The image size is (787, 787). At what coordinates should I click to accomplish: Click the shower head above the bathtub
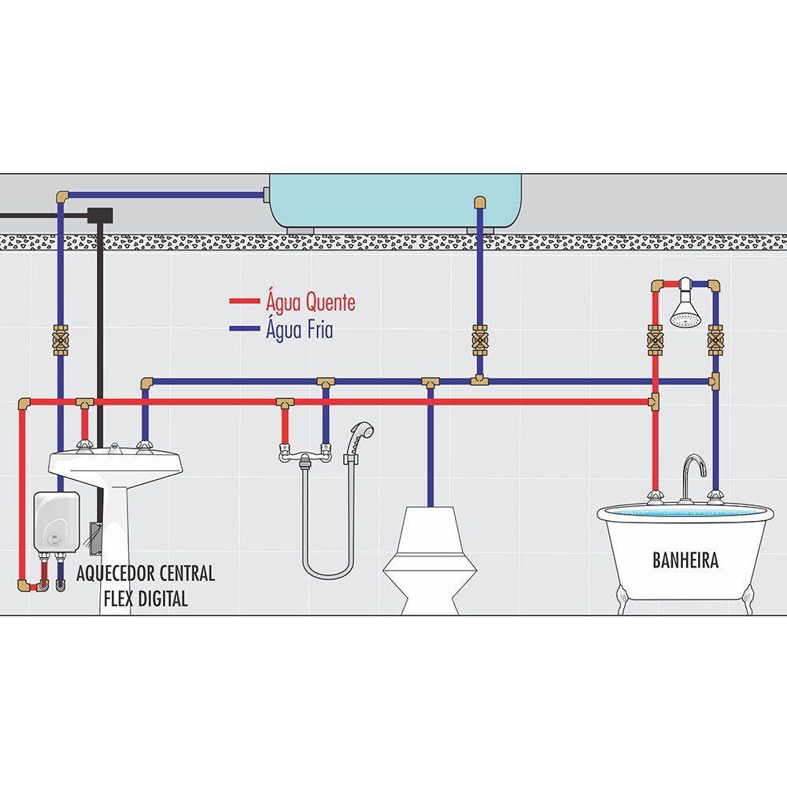point(685,309)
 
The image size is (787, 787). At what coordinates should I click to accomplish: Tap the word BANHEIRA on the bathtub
point(685,560)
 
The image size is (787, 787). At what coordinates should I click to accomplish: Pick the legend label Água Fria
point(299,329)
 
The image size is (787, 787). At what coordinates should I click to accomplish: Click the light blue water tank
point(395,201)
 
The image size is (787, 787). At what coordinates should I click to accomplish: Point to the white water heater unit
point(56,522)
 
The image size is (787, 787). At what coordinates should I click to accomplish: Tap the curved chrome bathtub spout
point(693,478)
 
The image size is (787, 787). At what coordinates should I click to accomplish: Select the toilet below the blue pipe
point(430,560)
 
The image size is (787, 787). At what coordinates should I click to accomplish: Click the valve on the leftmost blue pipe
point(61,340)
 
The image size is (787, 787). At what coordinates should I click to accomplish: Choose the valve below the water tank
point(480,340)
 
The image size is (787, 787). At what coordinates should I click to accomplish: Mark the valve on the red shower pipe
point(655,340)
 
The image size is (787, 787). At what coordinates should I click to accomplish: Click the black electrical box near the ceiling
point(100,216)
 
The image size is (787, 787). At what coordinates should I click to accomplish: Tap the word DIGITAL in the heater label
point(163,599)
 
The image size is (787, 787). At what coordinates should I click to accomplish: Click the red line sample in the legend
point(245,301)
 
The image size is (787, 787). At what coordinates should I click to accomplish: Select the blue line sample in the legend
point(245,329)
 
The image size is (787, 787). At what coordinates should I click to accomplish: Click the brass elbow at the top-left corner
point(61,196)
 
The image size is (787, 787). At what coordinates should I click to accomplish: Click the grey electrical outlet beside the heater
point(95,538)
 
